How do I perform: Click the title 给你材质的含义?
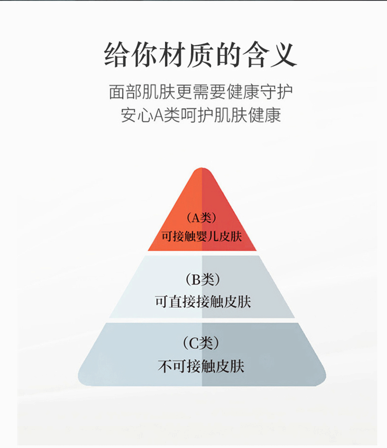[x=201, y=54]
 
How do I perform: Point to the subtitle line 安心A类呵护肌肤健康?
[x=201, y=116]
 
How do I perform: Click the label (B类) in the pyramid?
[x=202, y=280]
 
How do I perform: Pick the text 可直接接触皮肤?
[x=202, y=302]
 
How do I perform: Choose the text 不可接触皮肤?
[x=201, y=366]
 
